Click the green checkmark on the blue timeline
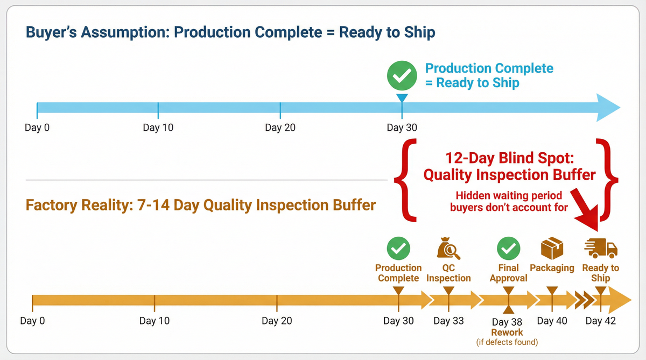(x=402, y=75)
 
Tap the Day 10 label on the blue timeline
(x=158, y=128)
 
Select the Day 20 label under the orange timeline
(x=277, y=321)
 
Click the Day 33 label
(x=448, y=321)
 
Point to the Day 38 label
(x=507, y=322)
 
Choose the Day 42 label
(x=601, y=321)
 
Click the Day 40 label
(x=552, y=321)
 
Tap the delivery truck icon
(x=601, y=248)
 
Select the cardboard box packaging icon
(x=552, y=249)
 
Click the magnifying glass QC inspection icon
(x=448, y=249)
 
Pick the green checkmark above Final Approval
(x=508, y=248)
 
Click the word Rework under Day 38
(x=507, y=333)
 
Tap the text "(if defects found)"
(x=507, y=342)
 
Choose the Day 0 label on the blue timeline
(x=37, y=128)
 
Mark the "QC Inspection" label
(x=448, y=273)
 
